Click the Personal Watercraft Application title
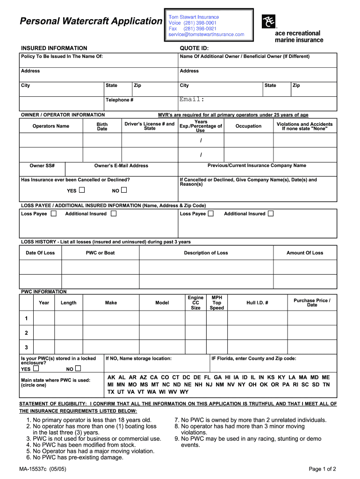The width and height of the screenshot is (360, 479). pyautogui.click(x=90, y=21)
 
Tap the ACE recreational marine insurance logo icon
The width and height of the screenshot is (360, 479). pyautogui.click(x=269, y=21)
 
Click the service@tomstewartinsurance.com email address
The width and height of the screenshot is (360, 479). pyautogui.click(x=206, y=35)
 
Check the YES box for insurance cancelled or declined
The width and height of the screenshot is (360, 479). pyautogui.click(x=82, y=190)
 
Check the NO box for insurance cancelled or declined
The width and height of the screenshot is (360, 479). pyautogui.click(x=124, y=190)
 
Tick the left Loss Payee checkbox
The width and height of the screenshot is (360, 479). pyautogui.click(x=54, y=214)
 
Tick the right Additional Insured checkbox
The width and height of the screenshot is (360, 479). pyautogui.click(x=271, y=214)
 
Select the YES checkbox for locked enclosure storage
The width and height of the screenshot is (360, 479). pyautogui.click(x=36, y=369)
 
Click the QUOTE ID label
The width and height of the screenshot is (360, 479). pyautogui.click(x=194, y=48)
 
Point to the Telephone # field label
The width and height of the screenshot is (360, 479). pyautogui.click(x=119, y=100)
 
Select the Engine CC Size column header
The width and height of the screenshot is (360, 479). pyautogui.click(x=195, y=303)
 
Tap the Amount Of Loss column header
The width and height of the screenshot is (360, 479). pyautogui.click(x=304, y=253)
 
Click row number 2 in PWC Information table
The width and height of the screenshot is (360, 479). pyautogui.click(x=26, y=333)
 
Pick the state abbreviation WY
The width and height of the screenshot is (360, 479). pyautogui.click(x=184, y=392)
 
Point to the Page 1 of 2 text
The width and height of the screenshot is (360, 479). pyautogui.click(x=322, y=469)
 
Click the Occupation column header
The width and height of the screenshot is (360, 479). pyautogui.click(x=248, y=126)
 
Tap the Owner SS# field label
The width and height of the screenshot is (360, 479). pyautogui.click(x=42, y=166)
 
